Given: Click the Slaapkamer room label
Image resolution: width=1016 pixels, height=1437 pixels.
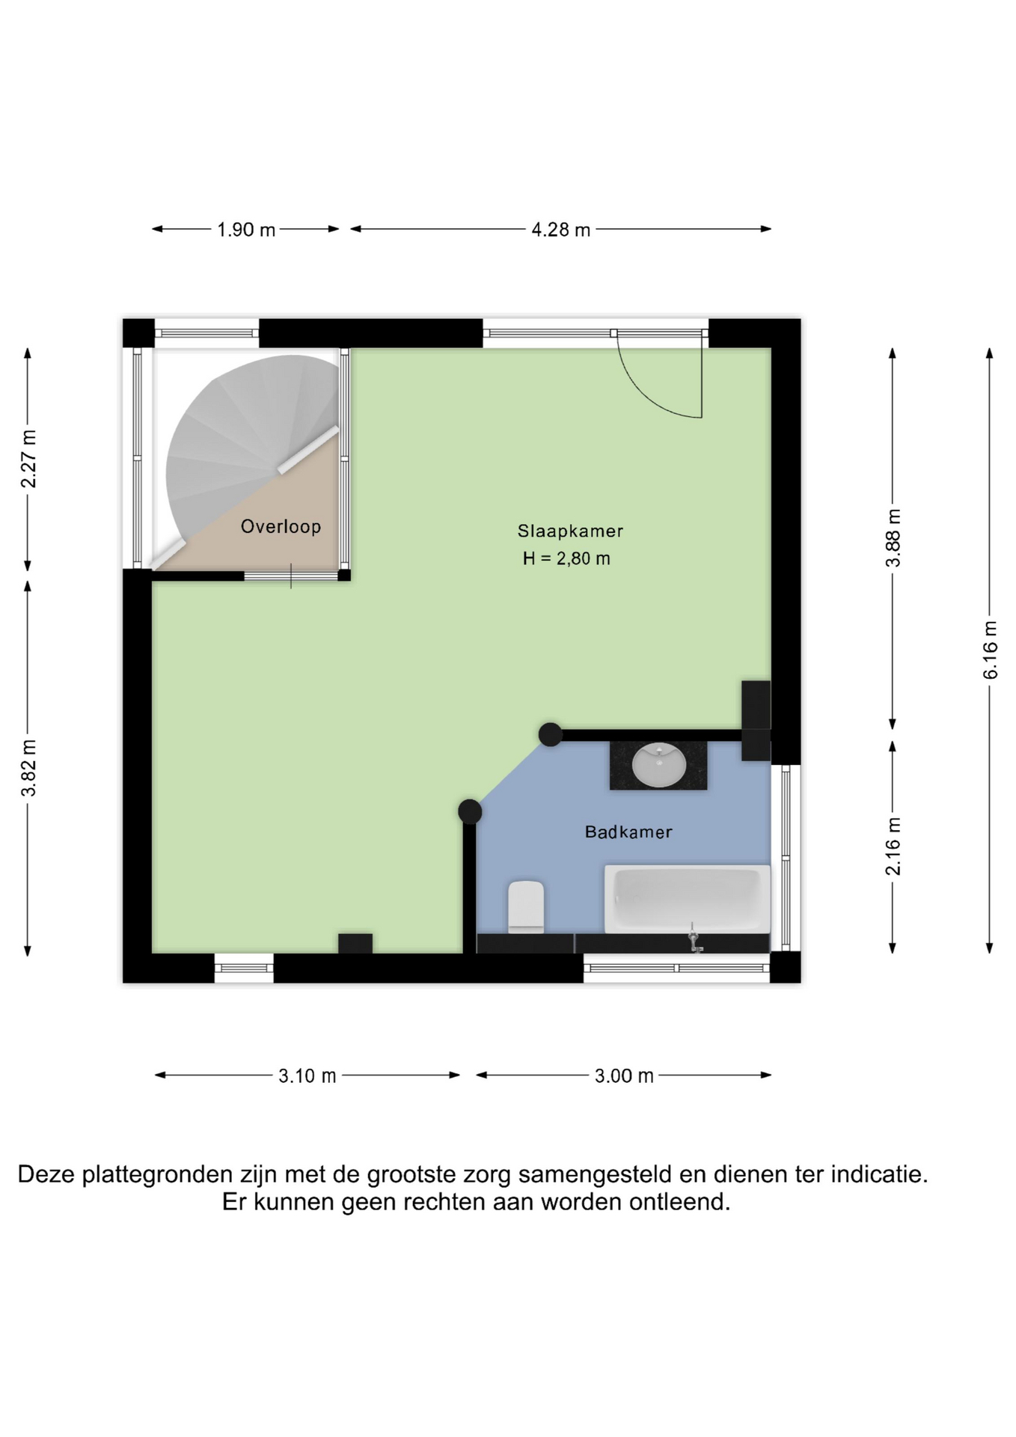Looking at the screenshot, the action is pyautogui.click(x=570, y=531).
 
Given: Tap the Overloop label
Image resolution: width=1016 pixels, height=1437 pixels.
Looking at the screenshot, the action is pyautogui.click(x=281, y=526).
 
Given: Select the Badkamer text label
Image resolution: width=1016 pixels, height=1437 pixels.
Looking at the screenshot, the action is pyautogui.click(x=628, y=832).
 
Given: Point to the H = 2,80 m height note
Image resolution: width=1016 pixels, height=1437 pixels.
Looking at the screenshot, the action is pyautogui.click(x=566, y=558).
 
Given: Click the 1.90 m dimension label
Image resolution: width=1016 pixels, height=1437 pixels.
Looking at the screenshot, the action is pyautogui.click(x=246, y=230).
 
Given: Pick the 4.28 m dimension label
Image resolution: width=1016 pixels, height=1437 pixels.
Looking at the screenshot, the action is pyautogui.click(x=561, y=230).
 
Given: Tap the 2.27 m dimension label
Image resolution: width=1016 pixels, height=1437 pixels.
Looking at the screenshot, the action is pyautogui.click(x=28, y=459).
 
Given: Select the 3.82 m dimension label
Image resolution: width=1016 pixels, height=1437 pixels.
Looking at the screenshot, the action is pyautogui.click(x=28, y=768).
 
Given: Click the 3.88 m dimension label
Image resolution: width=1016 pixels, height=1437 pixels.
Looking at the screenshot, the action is pyautogui.click(x=893, y=538).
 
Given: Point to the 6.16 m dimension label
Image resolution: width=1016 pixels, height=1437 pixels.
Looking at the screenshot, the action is pyautogui.click(x=991, y=650).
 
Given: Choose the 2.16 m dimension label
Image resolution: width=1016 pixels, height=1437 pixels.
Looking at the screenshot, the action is pyautogui.click(x=893, y=846).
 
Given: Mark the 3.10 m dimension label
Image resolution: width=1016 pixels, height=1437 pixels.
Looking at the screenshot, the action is pyautogui.click(x=307, y=1076).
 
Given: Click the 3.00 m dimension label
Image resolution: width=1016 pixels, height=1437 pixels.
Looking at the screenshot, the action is pyautogui.click(x=624, y=1076).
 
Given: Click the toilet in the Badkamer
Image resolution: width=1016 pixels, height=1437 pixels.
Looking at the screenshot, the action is pyautogui.click(x=526, y=906).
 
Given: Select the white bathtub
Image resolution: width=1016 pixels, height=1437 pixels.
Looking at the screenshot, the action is pyautogui.click(x=687, y=899).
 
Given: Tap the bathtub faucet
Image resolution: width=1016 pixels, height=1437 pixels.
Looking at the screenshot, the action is pyautogui.click(x=694, y=937).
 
